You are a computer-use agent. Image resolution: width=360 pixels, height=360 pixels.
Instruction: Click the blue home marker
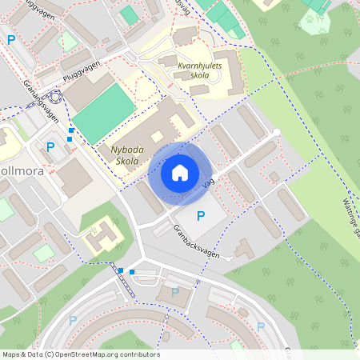(x=180, y=173)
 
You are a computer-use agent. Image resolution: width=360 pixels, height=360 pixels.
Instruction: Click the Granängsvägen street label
(x=42, y=99)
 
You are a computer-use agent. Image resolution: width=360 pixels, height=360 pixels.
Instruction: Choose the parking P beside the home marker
(x=201, y=215)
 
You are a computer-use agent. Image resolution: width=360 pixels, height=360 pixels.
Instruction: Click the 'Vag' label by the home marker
(x=210, y=183)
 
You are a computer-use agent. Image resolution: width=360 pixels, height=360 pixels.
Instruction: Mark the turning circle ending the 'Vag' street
(x=276, y=132)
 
